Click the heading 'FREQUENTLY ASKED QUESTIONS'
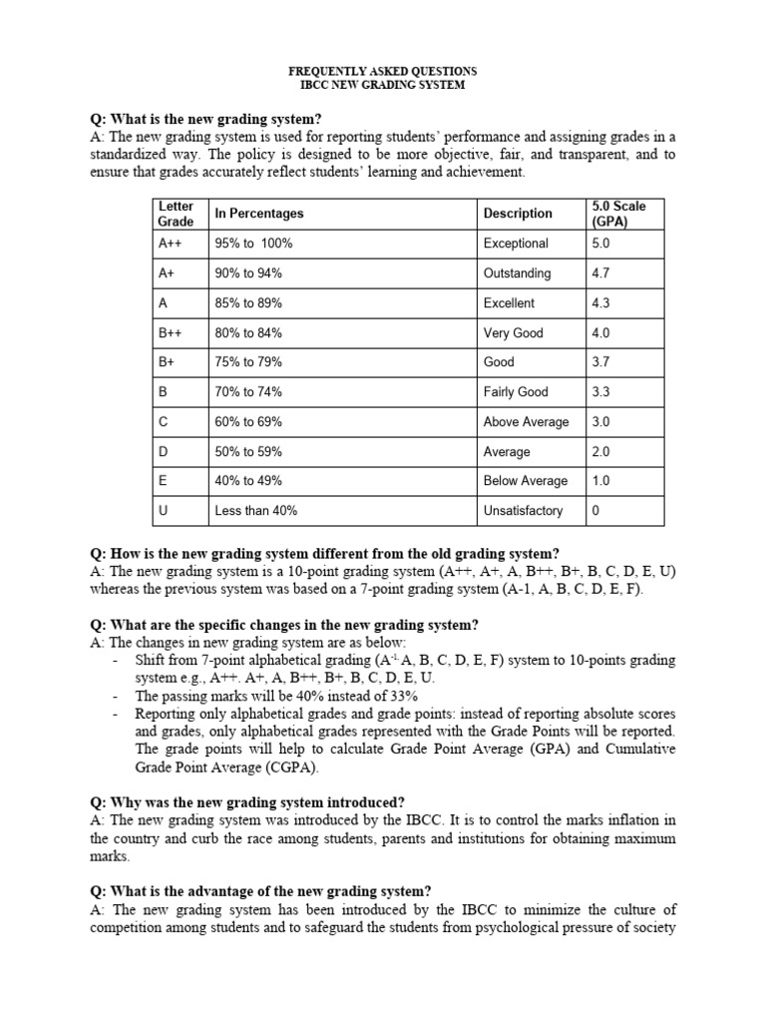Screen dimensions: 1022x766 coord(382,72)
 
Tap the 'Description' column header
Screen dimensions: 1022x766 coord(518,214)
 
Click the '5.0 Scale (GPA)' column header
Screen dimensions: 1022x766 coord(618,214)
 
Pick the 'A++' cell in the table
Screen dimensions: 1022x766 coord(171,244)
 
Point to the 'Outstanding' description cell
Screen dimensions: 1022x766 coord(517,273)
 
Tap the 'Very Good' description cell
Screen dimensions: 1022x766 coord(513,333)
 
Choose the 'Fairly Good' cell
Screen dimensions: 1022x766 coord(516,392)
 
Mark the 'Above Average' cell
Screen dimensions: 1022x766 coord(526,422)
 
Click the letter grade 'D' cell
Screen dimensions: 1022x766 coord(164,452)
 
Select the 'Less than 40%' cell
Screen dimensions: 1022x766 coord(255,511)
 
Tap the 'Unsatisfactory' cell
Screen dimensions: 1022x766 coord(523,511)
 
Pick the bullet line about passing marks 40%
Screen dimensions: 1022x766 coord(276,696)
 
